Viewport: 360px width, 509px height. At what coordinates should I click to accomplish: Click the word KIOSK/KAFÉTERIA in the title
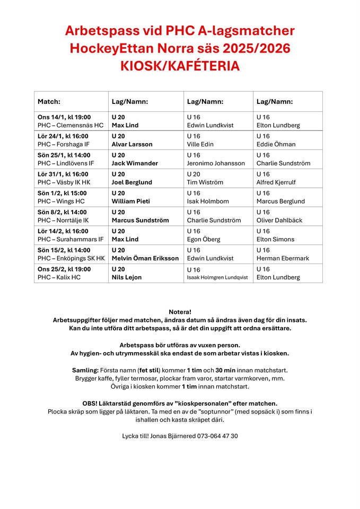click(180, 66)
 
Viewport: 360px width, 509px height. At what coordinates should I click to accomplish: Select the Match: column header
click(49, 101)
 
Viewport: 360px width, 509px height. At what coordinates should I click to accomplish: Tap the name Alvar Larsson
click(131, 144)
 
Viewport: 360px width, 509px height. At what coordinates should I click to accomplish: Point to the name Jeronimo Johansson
click(216, 163)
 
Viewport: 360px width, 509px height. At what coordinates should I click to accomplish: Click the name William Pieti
click(130, 201)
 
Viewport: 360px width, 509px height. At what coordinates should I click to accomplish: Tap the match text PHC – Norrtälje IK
click(63, 221)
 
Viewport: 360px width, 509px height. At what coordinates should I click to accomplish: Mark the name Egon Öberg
click(204, 240)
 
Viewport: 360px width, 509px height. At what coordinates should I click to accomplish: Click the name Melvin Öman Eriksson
click(145, 259)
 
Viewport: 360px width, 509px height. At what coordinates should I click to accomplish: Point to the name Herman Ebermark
click(283, 259)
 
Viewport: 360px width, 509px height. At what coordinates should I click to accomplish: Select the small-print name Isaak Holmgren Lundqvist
click(217, 278)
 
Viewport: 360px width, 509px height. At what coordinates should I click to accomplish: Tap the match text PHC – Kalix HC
click(59, 277)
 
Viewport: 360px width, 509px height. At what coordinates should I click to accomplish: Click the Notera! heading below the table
click(180, 311)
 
